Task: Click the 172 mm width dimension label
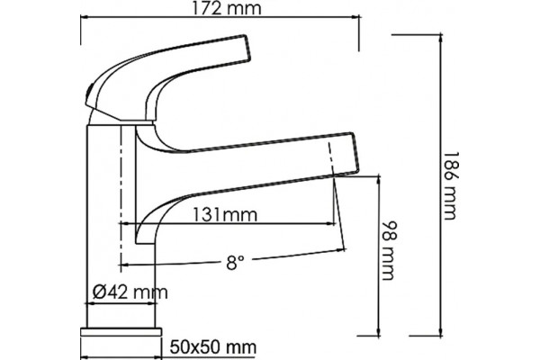[226, 8]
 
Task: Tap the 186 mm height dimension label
[451, 185]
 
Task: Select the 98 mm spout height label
[391, 250]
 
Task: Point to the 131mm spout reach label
[224, 215]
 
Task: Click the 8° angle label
[235, 263]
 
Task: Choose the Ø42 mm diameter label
[130, 292]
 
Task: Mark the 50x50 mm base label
[213, 346]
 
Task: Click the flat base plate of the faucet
[121, 332]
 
